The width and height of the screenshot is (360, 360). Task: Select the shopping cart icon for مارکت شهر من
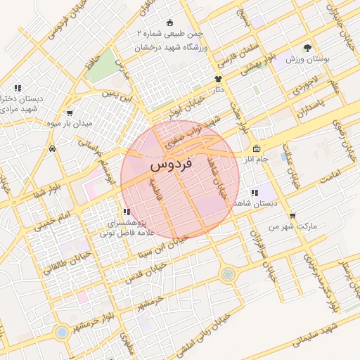point(292,216)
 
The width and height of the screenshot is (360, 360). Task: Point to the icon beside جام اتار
point(256,149)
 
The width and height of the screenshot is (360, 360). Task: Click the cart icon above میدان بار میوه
point(70,112)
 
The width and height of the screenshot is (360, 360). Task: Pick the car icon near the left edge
point(53,149)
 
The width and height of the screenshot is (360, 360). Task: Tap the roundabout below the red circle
point(227,274)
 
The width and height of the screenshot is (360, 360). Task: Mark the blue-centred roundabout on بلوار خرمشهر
point(62,331)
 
